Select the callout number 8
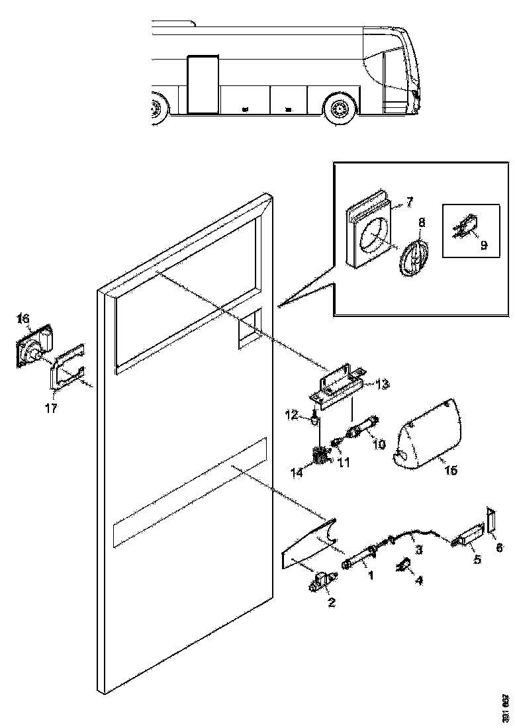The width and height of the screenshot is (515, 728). click(x=421, y=222)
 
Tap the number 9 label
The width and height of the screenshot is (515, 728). click(x=484, y=246)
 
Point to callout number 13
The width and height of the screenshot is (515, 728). click(x=382, y=384)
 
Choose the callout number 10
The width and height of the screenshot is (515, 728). click(x=379, y=445)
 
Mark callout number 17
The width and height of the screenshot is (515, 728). click(x=51, y=408)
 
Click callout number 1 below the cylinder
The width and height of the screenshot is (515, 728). click(x=371, y=576)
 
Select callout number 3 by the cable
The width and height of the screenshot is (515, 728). click(x=418, y=549)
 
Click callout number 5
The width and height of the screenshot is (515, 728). click(x=477, y=559)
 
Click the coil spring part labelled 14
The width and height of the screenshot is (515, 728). click(x=321, y=456)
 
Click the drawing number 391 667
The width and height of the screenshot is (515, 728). click(x=506, y=707)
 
